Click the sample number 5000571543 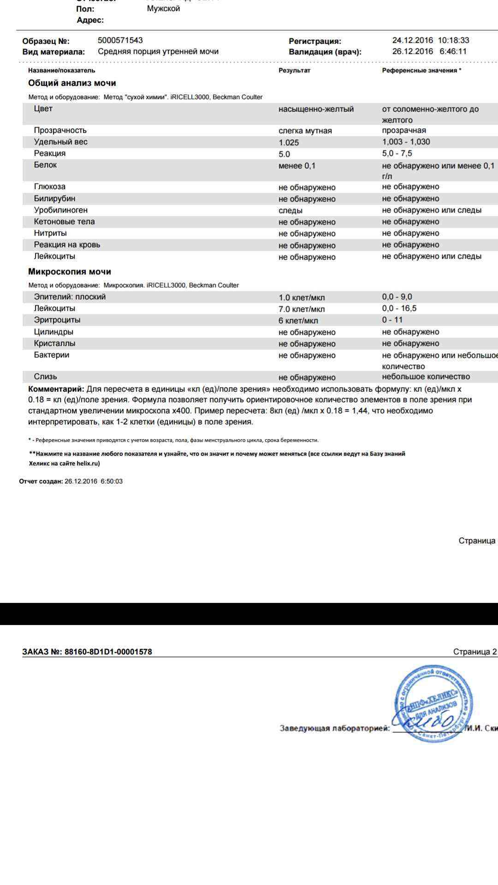pyautogui.click(x=120, y=41)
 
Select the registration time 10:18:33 pyautogui.click(x=453, y=41)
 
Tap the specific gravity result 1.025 pyautogui.click(x=289, y=142)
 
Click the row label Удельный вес pyautogui.click(x=60, y=142)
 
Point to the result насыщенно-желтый pyautogui.click(x=316, y=109)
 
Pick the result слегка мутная pyautogui.click(x=305, y=131)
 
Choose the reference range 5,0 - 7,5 pyautogui.click(x=397, y=153)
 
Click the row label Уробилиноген pyautogui.click(x=60, y=210)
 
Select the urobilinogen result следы pyautogui.click(x=290, y=211)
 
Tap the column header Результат pyautogui.click(x=294, y=71)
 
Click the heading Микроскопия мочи pyautogui.click(x=70, y=271)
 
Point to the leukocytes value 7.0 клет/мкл pyautogui.click(x=302, y=309)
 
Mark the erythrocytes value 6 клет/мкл pyautogui.click(x=298, y=320)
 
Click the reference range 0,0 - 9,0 pyautogui.click(x=397, y=297)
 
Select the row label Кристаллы pyautogui.click(x=54, y=343)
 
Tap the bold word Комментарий pyautogui.click(x=56, y=389)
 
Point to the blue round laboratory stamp pyautogui.click(x=432, y=703)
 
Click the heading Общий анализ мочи pyautogui.click(x=72, y=83)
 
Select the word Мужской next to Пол pyautogui.click(x=163, y=9)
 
